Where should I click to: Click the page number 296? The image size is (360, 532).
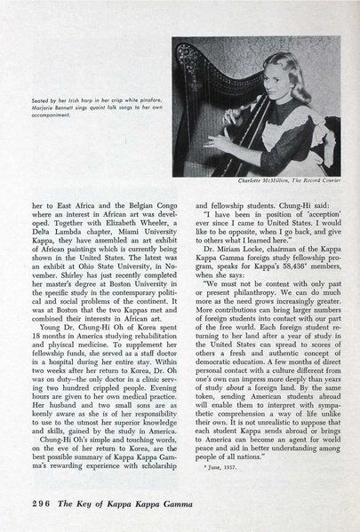pos(29,498)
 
